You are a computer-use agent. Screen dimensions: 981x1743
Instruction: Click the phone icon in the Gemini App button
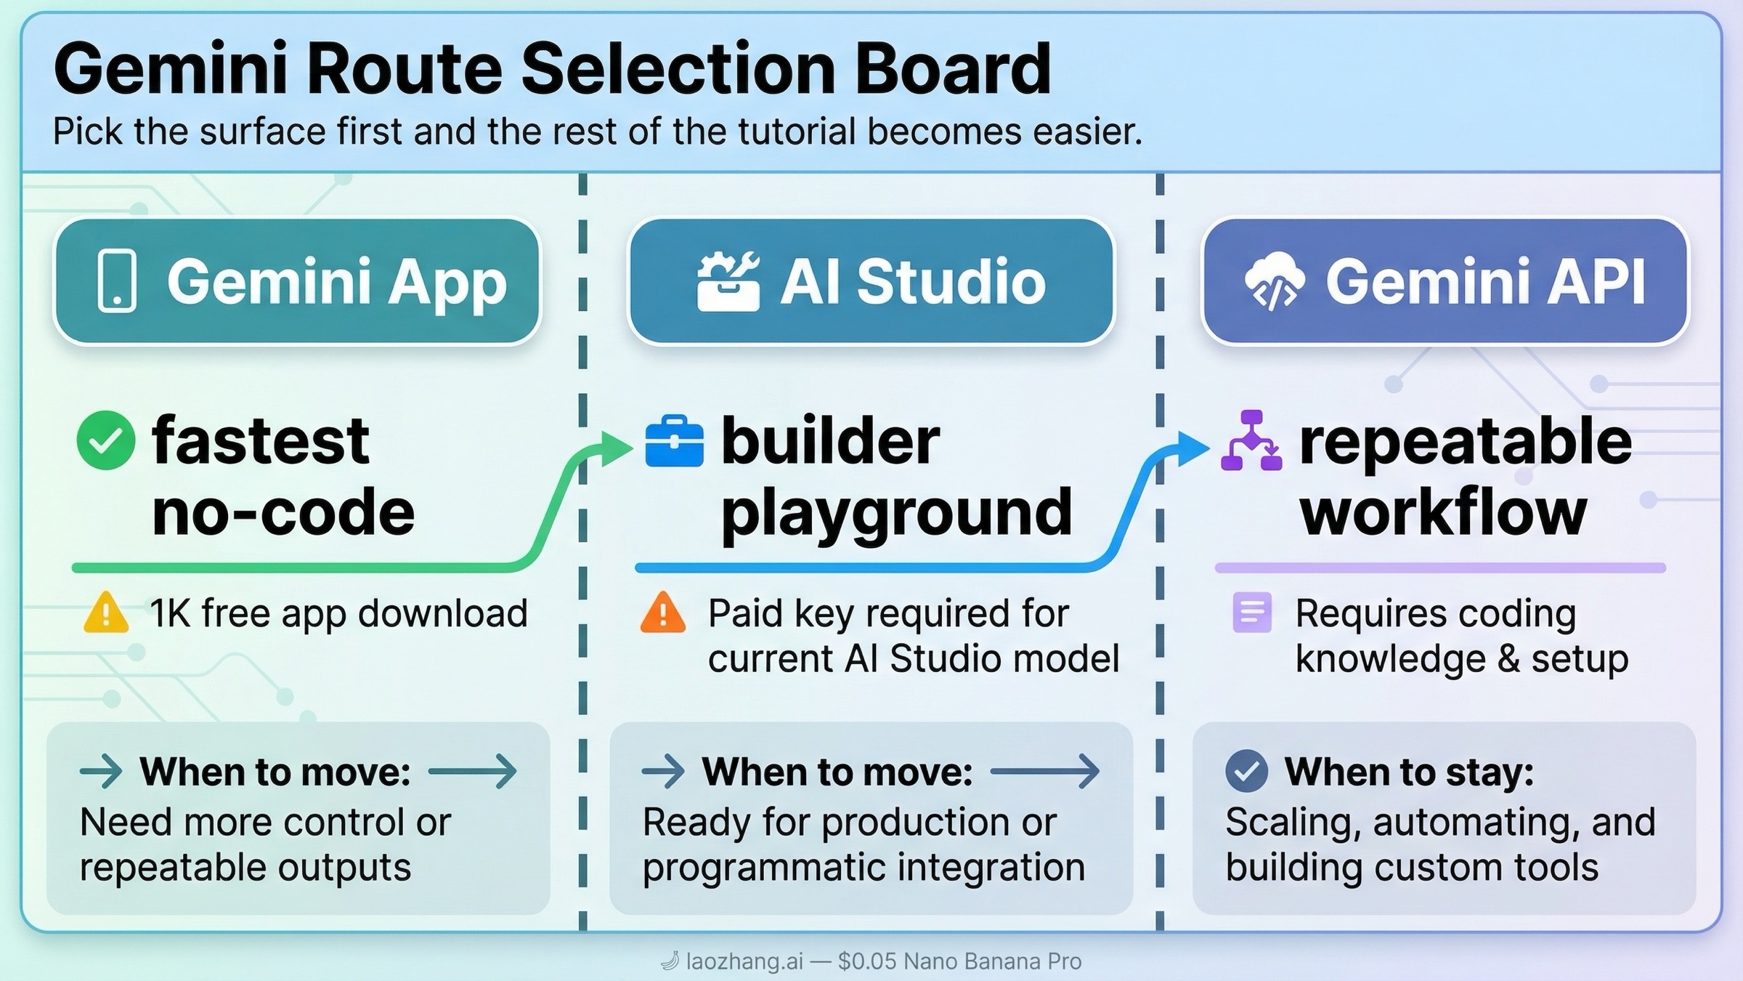point(117,281)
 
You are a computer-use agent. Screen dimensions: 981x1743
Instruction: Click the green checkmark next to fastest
point(106,440)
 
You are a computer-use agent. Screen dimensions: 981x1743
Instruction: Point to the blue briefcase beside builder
point(674,441)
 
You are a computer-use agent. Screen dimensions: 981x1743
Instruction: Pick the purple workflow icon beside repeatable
point(1251,441)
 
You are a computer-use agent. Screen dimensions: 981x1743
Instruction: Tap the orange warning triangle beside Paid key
point(662,613)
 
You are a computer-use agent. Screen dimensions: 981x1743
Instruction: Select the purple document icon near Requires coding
point(1252,613)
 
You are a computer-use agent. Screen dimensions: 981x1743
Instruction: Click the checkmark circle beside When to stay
point(1246,771)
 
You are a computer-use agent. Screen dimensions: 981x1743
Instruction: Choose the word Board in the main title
point(952,69)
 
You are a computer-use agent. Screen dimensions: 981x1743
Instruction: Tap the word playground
point(896,513)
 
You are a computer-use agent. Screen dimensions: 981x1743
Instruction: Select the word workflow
point(1443,512)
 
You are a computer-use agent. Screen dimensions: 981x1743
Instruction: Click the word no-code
point(283,512)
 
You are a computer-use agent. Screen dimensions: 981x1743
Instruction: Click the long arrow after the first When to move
point(473,771)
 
